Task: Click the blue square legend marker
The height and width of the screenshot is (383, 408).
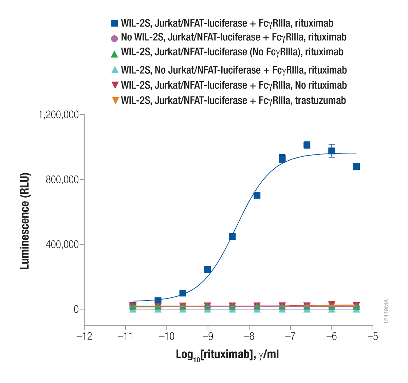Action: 114,23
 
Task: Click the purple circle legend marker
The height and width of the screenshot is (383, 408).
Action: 114,38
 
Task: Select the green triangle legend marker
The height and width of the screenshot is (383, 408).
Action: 114,54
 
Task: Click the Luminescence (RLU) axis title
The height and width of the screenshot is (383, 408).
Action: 25,221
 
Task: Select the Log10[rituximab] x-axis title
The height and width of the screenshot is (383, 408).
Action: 227,355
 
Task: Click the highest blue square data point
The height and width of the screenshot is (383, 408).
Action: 307,145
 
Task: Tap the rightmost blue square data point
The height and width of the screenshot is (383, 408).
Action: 356,166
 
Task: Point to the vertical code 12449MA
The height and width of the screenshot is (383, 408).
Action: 386,311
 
